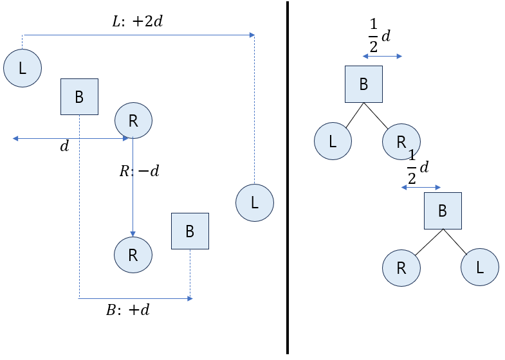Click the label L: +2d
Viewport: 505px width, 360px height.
[138, 22]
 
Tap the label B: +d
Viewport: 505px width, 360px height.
[128, 310]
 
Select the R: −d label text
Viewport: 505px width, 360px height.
[139, 170]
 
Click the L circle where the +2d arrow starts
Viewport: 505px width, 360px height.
[23, 68]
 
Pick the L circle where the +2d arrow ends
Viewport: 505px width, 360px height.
[255, 203]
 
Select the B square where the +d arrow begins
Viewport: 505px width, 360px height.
[80, 96]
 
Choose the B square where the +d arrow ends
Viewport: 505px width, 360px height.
[190, 231]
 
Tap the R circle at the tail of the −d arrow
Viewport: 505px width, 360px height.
[133, 121]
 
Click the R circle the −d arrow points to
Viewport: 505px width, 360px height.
[133, 255]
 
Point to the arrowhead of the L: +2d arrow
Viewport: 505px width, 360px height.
[252, 35]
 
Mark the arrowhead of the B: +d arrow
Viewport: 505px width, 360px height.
[190, 298]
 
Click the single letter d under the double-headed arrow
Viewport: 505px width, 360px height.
[64, 147]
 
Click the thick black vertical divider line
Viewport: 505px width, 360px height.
[288, 177]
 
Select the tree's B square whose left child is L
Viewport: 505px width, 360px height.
[364, 84]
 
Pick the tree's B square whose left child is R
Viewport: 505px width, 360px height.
[443, 211]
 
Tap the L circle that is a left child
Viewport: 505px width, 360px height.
[333, 141]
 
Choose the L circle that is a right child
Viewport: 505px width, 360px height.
[480, 267]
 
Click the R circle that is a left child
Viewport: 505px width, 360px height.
[401, 267]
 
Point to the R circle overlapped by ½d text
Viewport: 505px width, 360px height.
[401, 141]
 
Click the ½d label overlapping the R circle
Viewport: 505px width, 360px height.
[418, 167]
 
